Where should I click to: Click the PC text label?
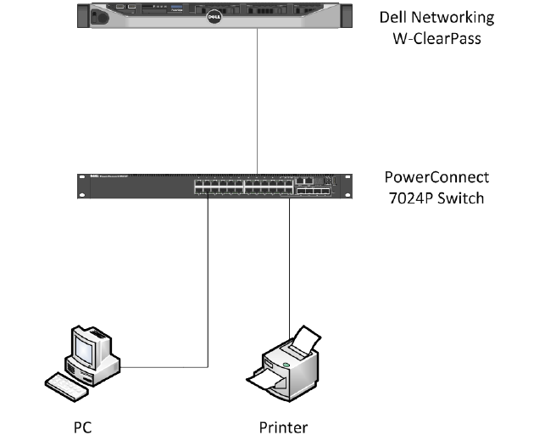[83, 426]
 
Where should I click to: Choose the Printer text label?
[283, 426]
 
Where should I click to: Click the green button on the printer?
[286, 366]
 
